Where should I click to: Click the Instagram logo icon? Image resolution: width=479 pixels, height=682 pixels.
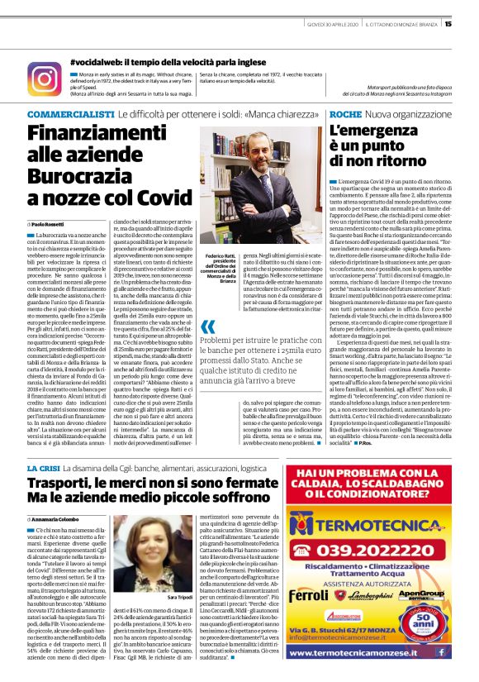(x=44, y=79)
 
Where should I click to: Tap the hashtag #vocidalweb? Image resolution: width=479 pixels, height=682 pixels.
(x=104, y=63)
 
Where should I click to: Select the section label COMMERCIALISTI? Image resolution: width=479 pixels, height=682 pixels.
(x=70, y=112)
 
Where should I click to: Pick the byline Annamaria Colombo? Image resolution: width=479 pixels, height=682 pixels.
(x=59, y=518)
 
